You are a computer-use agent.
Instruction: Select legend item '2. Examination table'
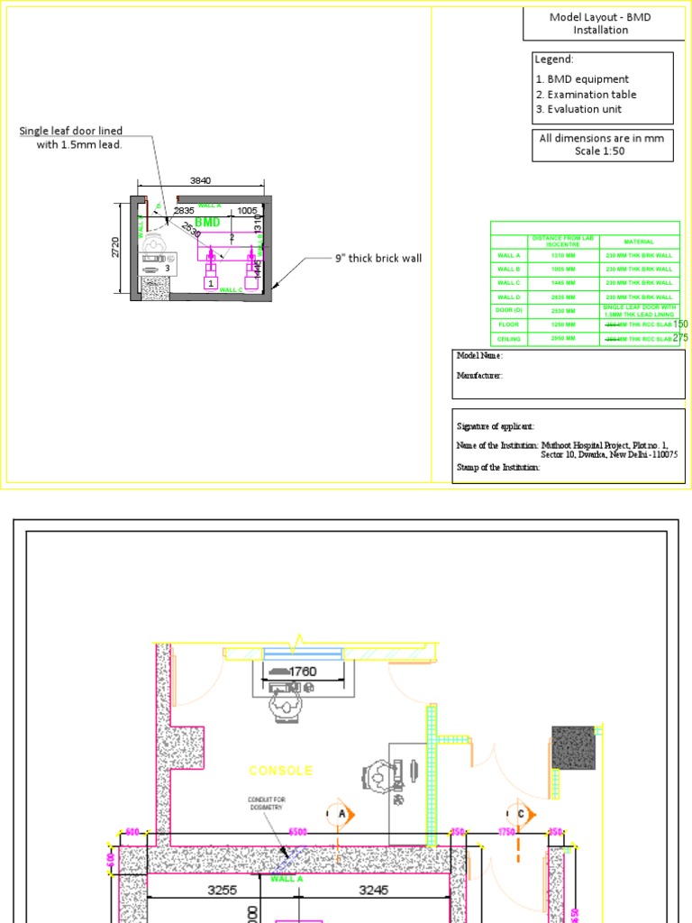click(x=586, y=94)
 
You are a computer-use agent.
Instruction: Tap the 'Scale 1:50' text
click(x=599, y=151)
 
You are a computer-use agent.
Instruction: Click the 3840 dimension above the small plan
click(x=200, y=181)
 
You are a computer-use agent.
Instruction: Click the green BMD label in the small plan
click(x=207, y=222)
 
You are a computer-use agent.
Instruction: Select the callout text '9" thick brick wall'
click(x=378, y=259)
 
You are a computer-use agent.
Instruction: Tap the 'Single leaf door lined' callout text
click(x=71, y=132)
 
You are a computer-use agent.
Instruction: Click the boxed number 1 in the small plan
click(x=211, y=283)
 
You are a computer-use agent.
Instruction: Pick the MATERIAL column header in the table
click(x=639, y=242)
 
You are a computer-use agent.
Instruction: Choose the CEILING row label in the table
click(x=509, y=338)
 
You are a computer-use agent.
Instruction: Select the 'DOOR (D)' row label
click(x=509, y=310)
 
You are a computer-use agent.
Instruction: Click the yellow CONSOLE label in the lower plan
click(x=281, y=771)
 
